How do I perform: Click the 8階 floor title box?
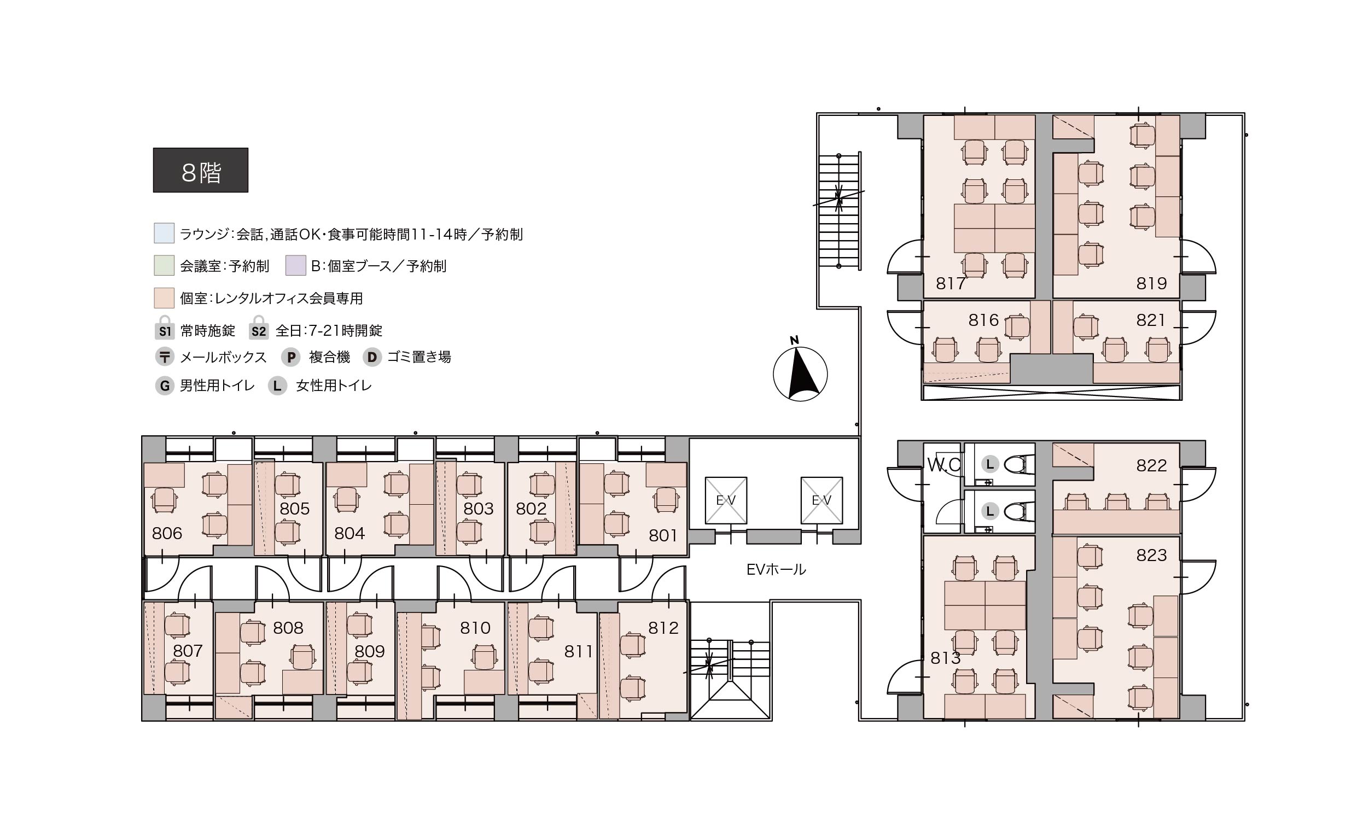(200, 170)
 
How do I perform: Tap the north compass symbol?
(800, 371)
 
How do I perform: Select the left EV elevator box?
(726, 500)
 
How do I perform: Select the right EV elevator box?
(822, 500)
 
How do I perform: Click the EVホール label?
(776, 570)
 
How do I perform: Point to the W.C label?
(943, 465)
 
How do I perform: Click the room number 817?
(951, 284)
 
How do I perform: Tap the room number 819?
(1151, 284)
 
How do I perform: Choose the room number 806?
(167, 533)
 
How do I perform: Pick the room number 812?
(663, 628)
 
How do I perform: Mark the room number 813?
(945, 658)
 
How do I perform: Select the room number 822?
(1151, 466)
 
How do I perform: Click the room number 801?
(663, 535)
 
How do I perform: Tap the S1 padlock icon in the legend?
(165, 328)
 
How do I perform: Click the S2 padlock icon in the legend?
(258, 328)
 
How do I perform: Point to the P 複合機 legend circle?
(291, 357)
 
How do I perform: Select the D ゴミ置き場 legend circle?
(372, 357)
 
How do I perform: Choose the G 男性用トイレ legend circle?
(164, 386)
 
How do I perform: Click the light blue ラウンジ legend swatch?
(164, 233)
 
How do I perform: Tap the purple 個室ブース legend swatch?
(295, 265)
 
